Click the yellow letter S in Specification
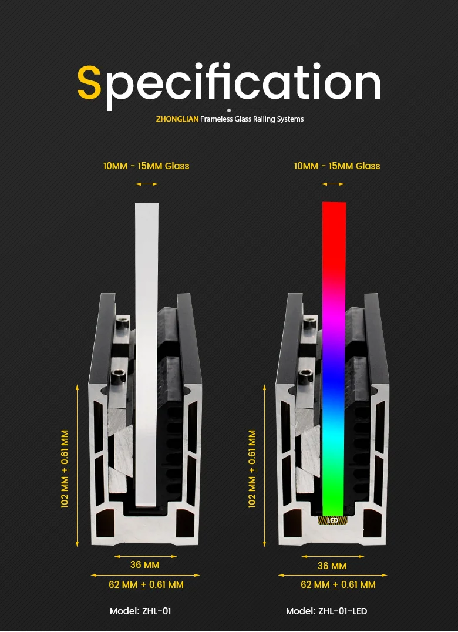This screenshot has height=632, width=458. point(90,83)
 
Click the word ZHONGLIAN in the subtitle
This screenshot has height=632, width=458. point(177,119)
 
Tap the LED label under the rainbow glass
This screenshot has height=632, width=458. point(333,520)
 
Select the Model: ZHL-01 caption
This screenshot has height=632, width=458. point(140,611)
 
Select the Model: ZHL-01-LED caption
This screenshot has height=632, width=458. point(326,611)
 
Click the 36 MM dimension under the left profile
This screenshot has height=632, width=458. point(144,565)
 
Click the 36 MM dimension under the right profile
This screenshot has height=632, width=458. point(332,566)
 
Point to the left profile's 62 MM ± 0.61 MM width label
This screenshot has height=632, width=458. point(146,584)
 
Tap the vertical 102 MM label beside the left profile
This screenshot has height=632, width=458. point(65,468)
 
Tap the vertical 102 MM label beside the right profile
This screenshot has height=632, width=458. point(252,468)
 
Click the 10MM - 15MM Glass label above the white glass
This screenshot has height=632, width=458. point(146,166)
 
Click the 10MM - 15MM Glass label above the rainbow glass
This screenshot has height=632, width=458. point(337,166)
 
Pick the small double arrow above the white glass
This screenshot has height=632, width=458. point(147,184)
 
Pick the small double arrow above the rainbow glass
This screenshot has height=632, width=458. point(333,184)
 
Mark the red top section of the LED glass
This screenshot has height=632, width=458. point(334,235)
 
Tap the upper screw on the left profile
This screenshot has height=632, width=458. point(123,322)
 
